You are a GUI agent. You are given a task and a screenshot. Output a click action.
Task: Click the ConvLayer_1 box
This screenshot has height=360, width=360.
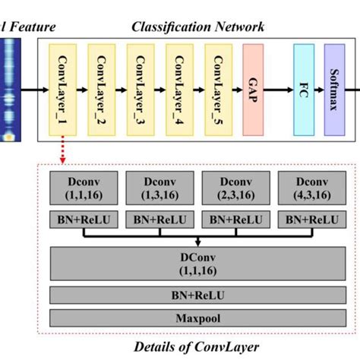point(63,90)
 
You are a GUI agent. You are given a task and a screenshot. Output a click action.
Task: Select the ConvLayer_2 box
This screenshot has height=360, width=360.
point(102,90)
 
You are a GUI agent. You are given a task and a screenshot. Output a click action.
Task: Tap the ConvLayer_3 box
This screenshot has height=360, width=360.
point(141,90)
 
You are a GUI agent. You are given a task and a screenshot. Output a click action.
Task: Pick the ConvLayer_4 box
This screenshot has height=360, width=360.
point(179,90)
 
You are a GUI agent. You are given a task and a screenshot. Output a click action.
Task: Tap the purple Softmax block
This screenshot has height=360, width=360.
point(337,90)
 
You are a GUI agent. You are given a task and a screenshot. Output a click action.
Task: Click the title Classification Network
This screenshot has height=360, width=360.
point(197,28)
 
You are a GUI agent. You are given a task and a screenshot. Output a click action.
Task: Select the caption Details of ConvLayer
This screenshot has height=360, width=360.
point(196,346)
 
